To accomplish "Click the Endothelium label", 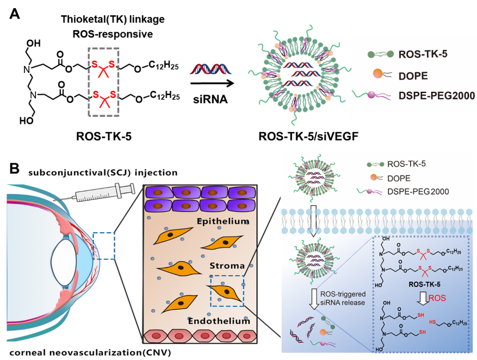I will click(x=219, y=321).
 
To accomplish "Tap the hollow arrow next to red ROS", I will click(x=420, y=299).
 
